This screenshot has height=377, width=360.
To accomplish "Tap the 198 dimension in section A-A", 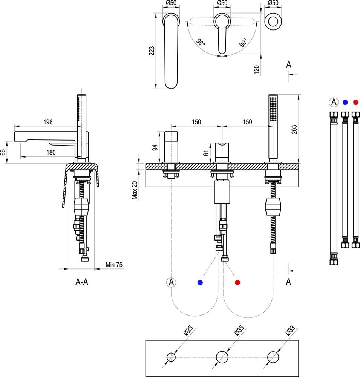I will (47, 122).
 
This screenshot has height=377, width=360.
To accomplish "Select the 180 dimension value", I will (51, 152).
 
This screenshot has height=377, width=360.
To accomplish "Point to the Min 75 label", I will (114, 265).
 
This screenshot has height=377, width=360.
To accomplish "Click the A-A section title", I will (82, 282).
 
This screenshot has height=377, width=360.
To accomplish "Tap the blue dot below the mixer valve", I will (200, 282).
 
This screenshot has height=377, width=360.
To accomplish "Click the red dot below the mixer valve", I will (237, 282).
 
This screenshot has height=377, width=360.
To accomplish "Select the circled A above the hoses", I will (333, 102).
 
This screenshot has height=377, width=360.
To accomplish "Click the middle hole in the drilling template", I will (222, 357).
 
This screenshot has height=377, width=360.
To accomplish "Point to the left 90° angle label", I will (201, 43).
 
